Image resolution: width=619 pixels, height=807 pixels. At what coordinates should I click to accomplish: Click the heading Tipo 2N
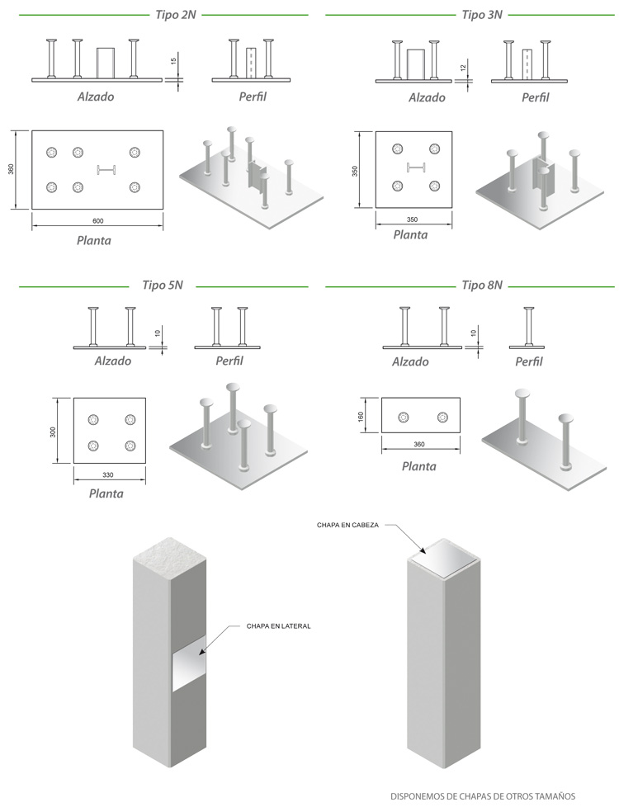(175, 15)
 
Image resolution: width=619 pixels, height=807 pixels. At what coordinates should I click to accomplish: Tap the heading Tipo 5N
(163, 286)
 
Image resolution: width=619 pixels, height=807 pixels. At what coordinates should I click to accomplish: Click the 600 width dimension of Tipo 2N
(97, 220)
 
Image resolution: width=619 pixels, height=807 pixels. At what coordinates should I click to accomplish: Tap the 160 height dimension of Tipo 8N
(361, 417)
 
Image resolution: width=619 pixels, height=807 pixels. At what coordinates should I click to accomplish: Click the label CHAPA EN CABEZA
(347, 525)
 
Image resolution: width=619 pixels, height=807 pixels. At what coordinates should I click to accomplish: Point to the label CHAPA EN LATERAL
(278, 626)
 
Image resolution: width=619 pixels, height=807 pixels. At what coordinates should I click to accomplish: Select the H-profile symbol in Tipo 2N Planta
(106, 170)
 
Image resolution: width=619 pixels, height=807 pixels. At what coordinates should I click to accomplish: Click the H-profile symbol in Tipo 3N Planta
(414, 169)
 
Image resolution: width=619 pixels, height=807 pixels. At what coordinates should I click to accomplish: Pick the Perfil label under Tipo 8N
(529, 361)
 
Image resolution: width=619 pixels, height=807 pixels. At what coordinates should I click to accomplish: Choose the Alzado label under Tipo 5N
(112, 361)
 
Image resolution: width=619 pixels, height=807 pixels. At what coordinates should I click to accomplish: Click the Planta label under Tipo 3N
(410, 234)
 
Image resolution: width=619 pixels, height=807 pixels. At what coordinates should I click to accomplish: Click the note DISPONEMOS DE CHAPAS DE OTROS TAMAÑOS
(482, 795)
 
